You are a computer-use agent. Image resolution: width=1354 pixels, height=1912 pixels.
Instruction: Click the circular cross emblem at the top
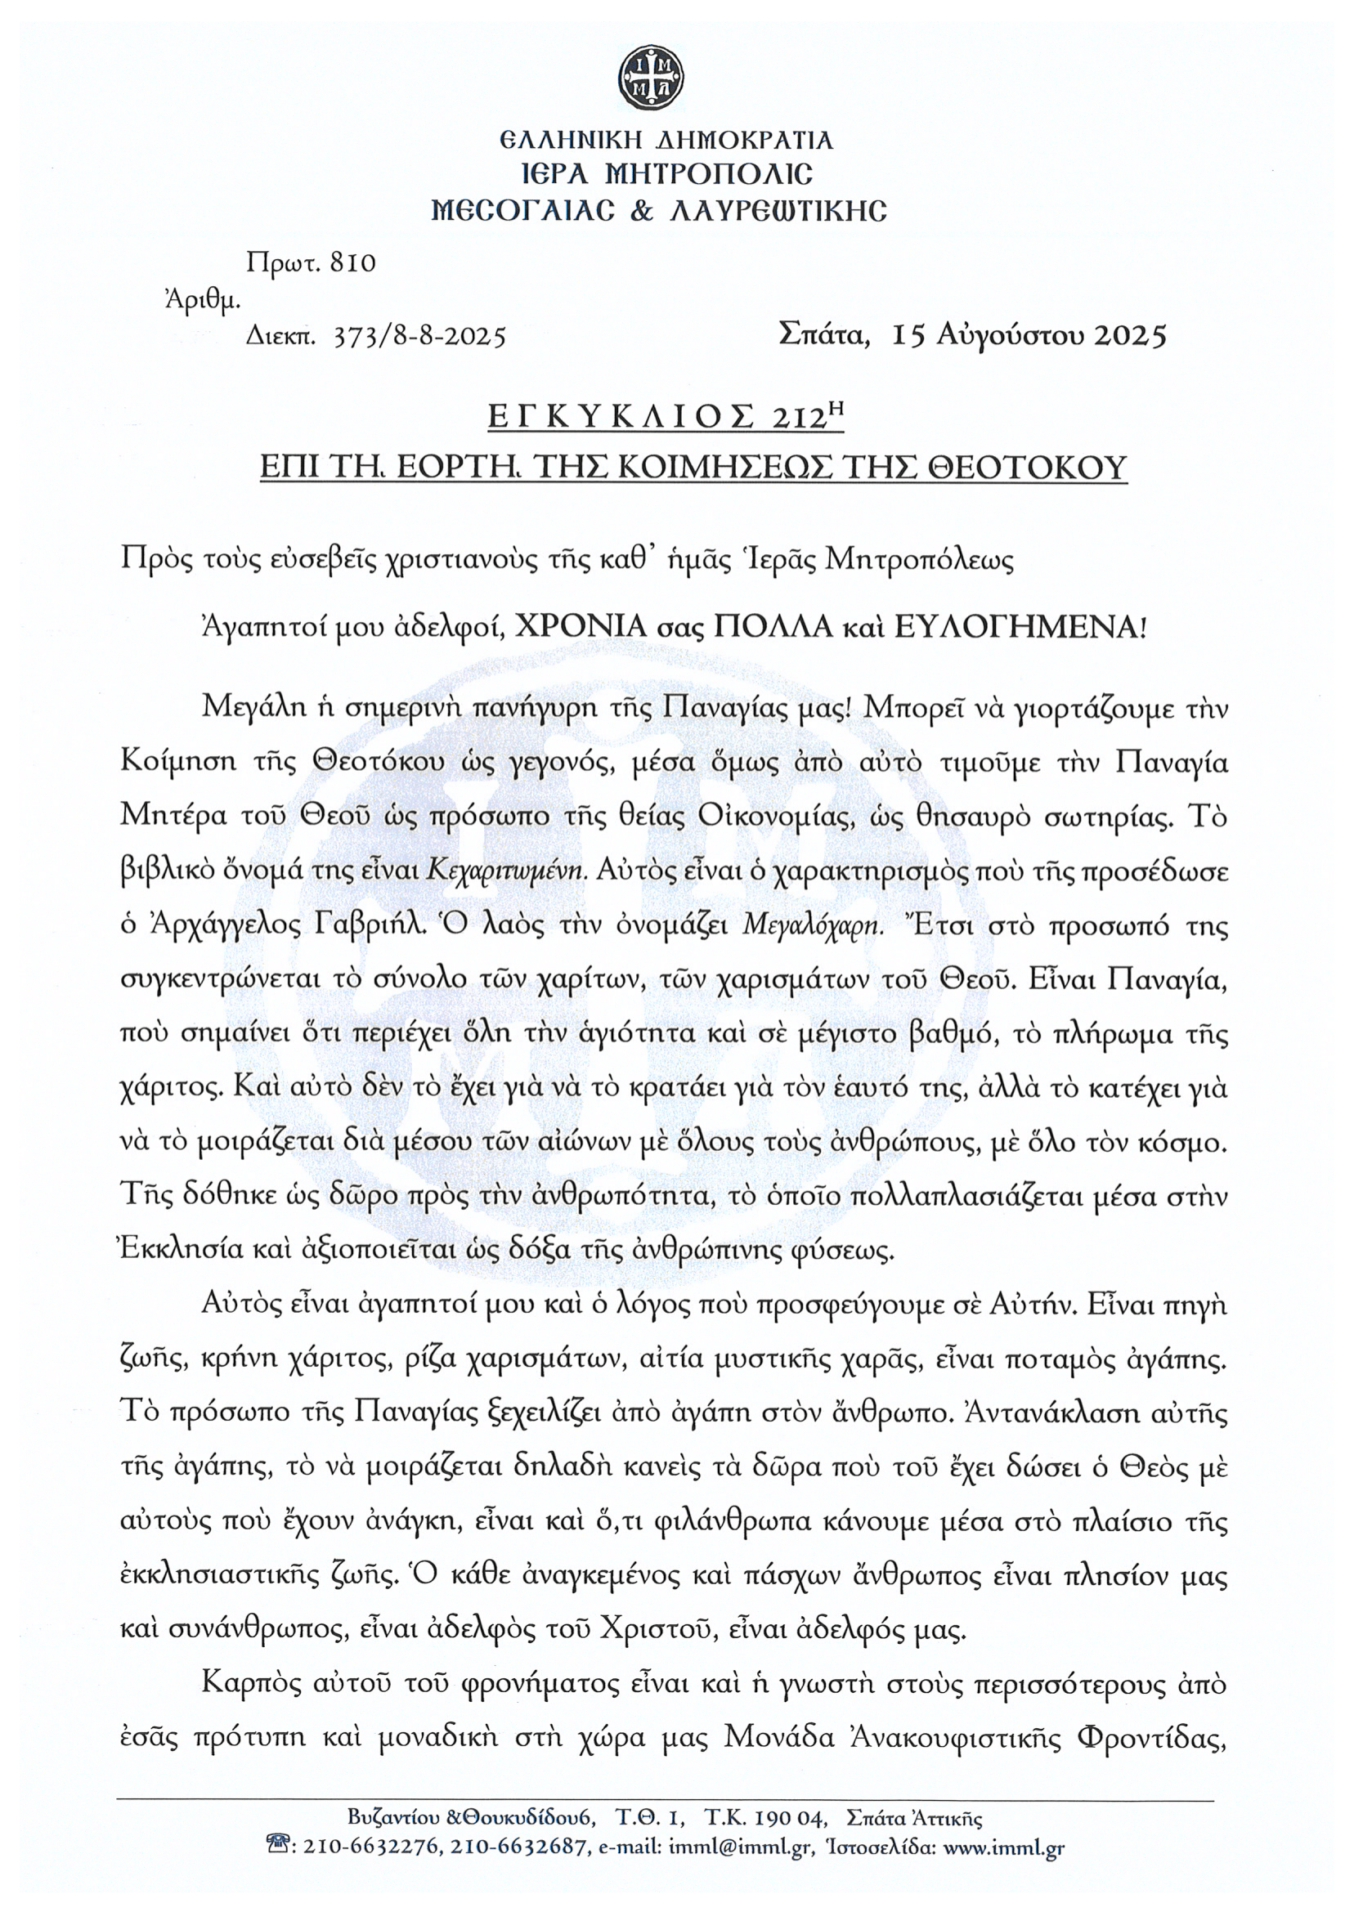pos(650,78)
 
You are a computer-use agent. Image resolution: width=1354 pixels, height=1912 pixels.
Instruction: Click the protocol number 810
pos(353,263)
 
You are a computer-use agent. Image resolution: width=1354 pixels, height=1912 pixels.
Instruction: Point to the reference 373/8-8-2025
pos(419,337)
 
